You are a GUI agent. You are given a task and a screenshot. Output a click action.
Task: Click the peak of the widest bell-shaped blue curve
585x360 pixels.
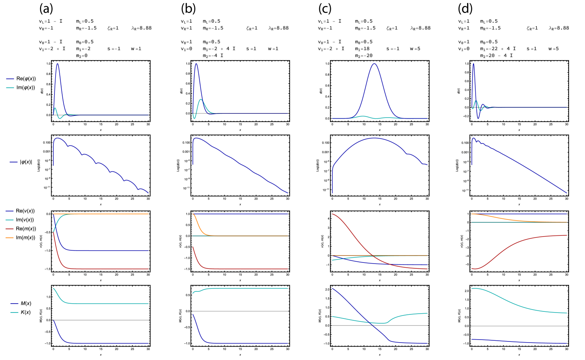374,64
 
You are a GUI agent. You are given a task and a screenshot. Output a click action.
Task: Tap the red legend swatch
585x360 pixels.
10,229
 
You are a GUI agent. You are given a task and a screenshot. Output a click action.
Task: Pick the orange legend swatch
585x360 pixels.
10,238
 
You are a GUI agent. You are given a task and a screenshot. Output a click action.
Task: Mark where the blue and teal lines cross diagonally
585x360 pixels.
371,323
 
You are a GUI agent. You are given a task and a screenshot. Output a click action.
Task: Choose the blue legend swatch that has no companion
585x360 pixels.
14,162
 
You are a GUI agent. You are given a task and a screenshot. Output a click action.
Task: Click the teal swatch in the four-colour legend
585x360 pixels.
10,220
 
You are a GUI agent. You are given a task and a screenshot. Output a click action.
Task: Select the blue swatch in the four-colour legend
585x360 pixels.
10,211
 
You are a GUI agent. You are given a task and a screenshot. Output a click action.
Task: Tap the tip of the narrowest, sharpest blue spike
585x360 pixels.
473,63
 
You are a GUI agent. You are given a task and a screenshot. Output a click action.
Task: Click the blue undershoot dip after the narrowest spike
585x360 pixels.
478,118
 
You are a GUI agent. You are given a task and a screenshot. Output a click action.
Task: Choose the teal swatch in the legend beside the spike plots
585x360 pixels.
10,88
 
